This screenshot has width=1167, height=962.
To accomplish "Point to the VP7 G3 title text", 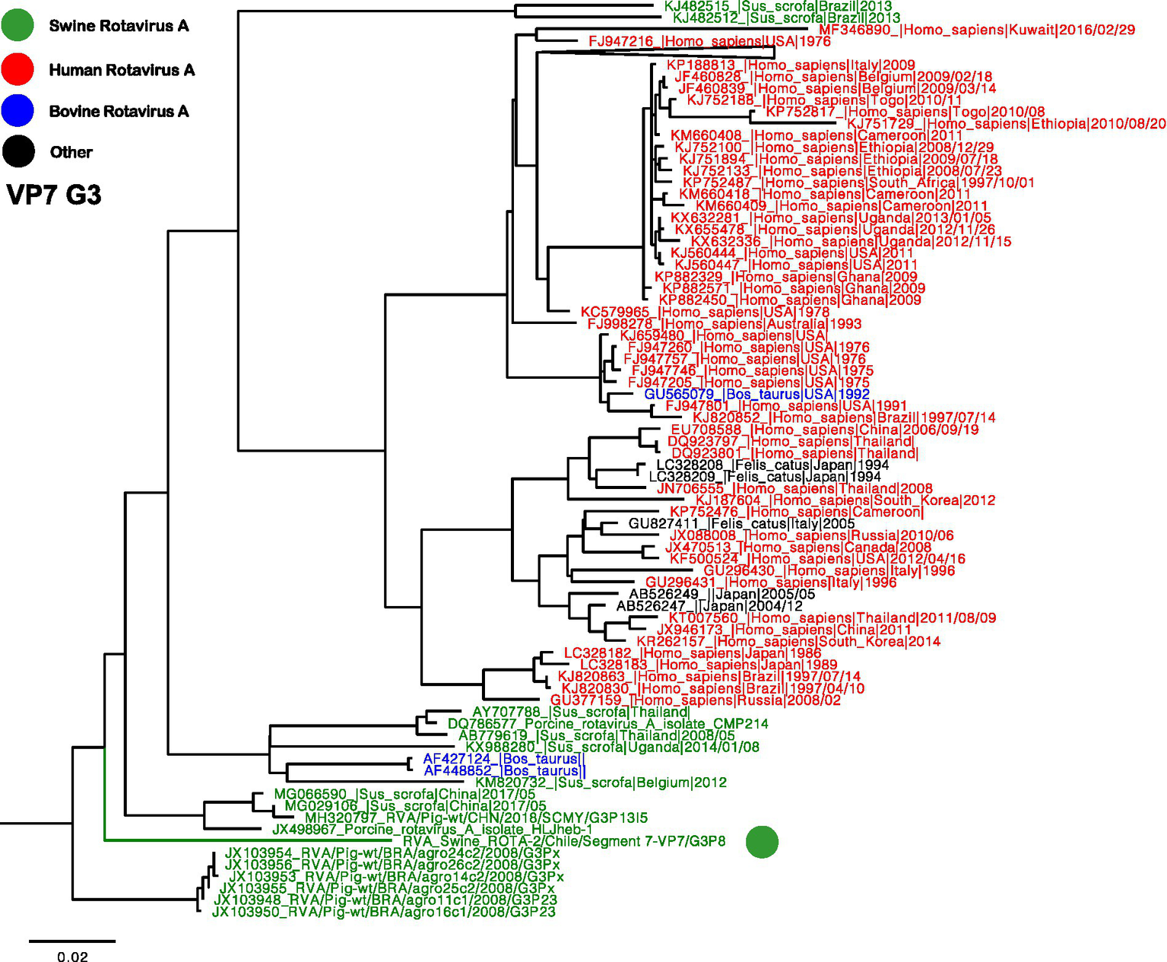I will (54, 195).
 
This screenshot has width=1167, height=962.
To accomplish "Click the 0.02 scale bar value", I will (72, 957).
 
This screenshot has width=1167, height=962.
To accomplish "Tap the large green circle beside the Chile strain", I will (762, 842).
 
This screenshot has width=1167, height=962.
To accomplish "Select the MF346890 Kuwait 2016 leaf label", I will (976, 30).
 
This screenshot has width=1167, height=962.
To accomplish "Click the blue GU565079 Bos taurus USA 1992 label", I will (756, 394).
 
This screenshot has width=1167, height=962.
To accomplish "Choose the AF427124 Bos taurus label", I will (504, 759).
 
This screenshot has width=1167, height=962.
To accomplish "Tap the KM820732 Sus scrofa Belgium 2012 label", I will (601, 783).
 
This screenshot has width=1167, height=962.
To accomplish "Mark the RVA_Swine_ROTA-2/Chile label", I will (563, 841).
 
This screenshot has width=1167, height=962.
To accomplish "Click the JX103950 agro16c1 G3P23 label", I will (383, 911).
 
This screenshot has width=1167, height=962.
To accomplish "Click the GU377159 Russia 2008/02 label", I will (695, 700).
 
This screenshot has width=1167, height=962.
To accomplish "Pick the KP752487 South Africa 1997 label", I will (858, 183).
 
